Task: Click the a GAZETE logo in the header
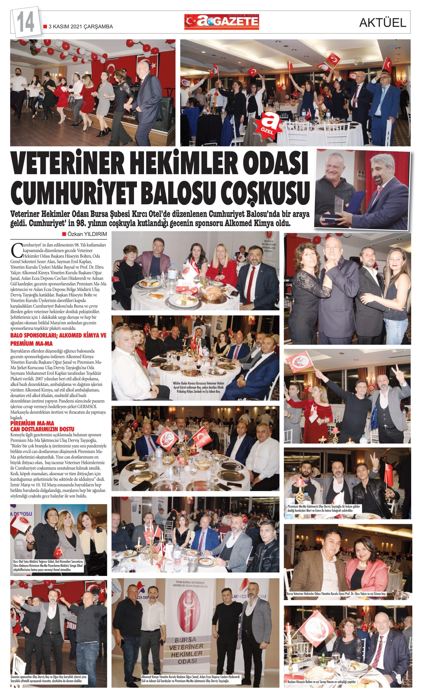[x=222, y=22]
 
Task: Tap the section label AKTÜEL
[x=383, y=23]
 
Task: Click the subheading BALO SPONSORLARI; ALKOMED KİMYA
[x=58, y=336]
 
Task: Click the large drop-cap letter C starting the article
[x=15, y=249]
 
